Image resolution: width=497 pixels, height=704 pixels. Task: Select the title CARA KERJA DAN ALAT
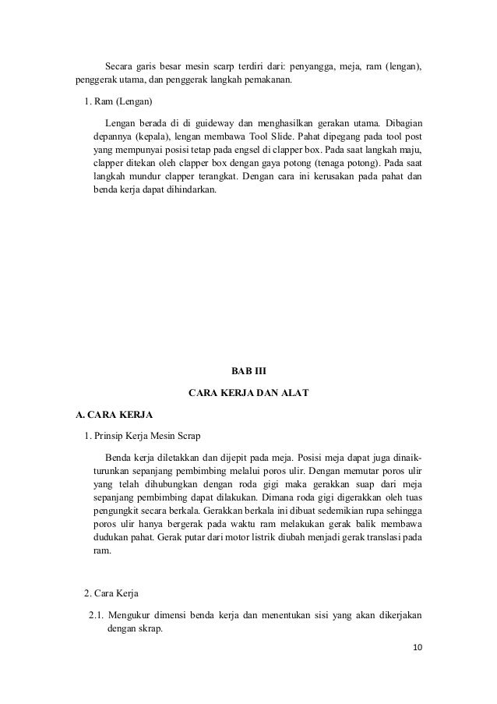(x=248, y=394)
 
